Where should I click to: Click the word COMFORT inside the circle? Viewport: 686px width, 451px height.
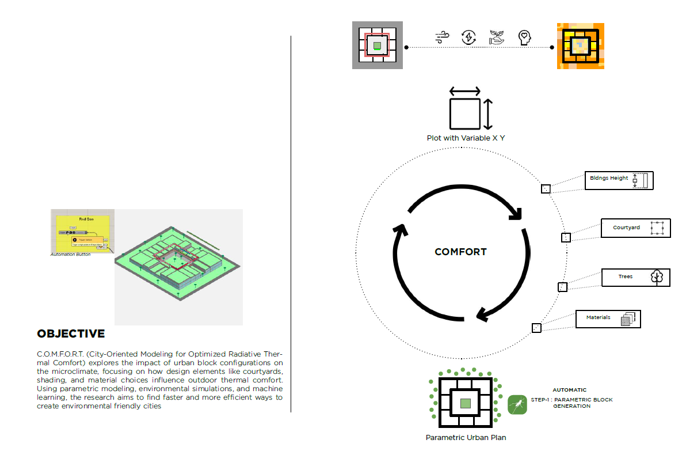pyautogui.click(x=460, y=252)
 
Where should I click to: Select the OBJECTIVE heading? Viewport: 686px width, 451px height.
pyautogui.click(x=71, y=334)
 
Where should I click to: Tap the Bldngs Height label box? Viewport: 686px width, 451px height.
pyautogui.click(x=619, y=180)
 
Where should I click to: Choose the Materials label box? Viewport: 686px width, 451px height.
pyautogui.click(x=608, y=319)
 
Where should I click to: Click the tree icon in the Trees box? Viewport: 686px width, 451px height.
pyautogui.click(x=657, y=277)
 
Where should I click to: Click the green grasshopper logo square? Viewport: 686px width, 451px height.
pyautogui.click(x=517, y=404)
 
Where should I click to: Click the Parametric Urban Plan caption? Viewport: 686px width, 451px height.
pyautogui.click(x=466, y=438)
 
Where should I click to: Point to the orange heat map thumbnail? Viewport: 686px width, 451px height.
pyautogui.click(x=580, y=46)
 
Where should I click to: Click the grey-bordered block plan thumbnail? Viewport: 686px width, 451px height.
pyautogui.click(x=377, y=46)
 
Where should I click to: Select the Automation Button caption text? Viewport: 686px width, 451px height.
pyautogui.click(x=70, y=255)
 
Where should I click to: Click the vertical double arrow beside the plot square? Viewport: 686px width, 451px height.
pyautogui.click(x=488, y=114)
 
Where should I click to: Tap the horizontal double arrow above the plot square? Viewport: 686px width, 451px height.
pyautogui.click(x=464, y=91)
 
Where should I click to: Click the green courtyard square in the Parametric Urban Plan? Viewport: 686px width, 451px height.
pyautogui.click(x=466, y=403)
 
